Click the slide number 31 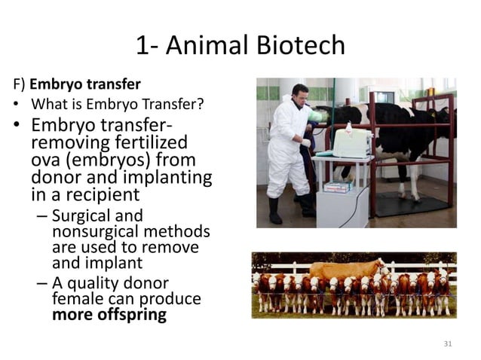447,343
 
